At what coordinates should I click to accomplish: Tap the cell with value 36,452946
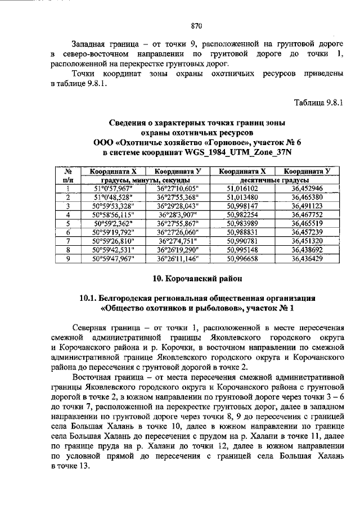(307, 188)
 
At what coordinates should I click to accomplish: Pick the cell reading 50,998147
(242, 206)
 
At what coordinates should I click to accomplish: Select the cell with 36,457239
(307, 232)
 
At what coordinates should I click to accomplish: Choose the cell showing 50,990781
(242, 241)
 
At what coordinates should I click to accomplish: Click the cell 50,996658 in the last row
(242, 258)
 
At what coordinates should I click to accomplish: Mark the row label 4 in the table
(67, 215)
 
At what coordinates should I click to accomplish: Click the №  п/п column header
(67, 175)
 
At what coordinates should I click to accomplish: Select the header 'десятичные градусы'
(275, 180)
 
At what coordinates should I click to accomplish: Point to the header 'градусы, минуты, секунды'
(146, 180)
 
